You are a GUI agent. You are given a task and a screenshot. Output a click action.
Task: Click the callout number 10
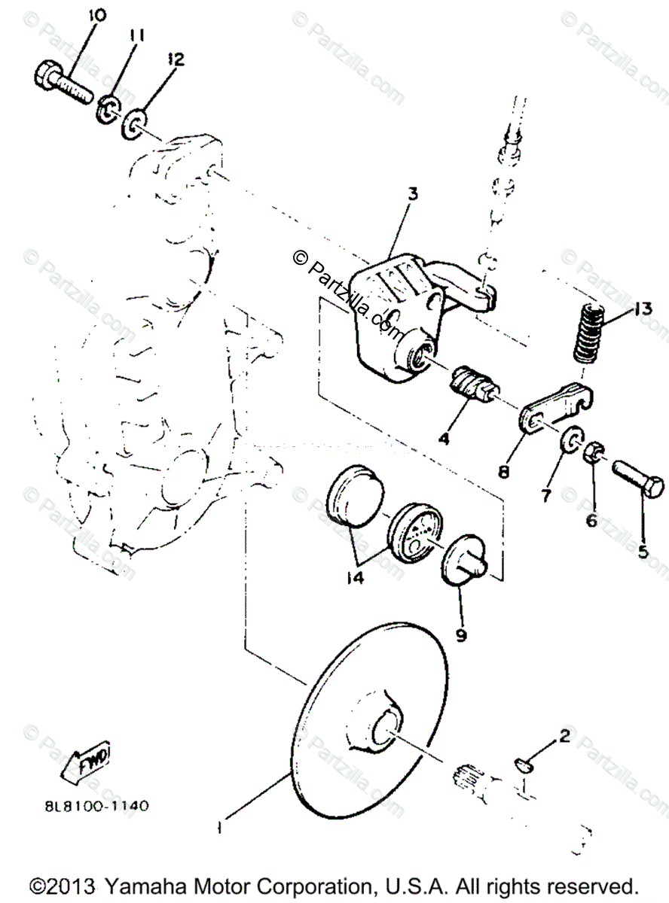(x=98, y=14)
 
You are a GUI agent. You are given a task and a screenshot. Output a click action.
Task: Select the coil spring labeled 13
(x=588, y=332)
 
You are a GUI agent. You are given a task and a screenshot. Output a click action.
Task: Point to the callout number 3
(x=412, y=194)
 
